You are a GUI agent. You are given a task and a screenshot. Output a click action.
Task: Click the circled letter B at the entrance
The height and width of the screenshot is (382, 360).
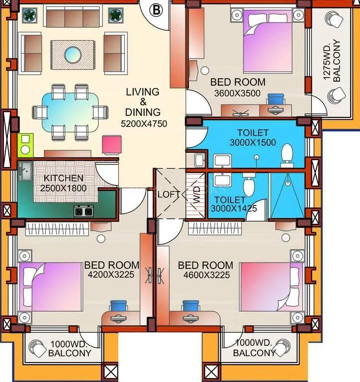(157, 9)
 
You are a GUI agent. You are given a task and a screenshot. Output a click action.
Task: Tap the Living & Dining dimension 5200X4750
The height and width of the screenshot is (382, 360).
(143, 124)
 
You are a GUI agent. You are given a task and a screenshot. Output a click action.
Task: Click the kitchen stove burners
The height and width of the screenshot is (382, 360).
(83, 211)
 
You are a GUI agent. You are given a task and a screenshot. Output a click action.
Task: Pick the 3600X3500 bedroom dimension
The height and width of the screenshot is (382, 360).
(237, 93)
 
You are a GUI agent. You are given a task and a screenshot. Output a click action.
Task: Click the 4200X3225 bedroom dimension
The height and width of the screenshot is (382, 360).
(111, 274)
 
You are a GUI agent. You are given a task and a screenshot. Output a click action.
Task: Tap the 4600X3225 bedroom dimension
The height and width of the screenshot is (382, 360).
(205, 274)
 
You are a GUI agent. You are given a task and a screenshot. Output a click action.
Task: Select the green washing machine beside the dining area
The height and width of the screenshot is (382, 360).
(25, 145)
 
